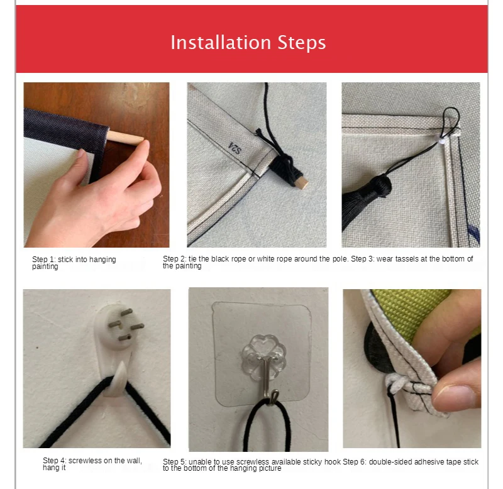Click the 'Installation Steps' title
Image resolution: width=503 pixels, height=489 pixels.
[248, 43]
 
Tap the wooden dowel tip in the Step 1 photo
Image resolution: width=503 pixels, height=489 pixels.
[140, 140]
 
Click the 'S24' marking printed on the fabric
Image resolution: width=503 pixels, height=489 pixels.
[235, 148]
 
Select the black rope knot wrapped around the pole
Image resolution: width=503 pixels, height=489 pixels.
[283, 167]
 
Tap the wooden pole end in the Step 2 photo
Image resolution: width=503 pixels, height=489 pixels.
[303, 184]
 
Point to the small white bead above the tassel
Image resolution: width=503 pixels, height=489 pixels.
[442, 140]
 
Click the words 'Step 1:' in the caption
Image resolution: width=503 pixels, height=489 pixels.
[44, 260]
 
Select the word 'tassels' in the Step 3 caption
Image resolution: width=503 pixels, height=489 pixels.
[417, 259]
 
